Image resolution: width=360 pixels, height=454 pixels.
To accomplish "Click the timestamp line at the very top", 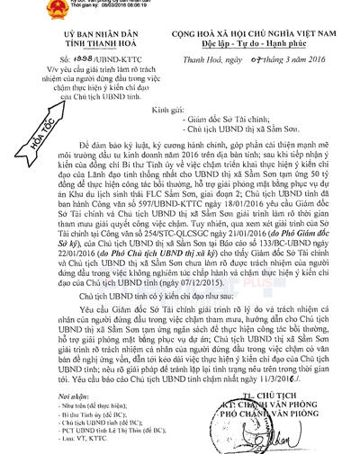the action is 94,4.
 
